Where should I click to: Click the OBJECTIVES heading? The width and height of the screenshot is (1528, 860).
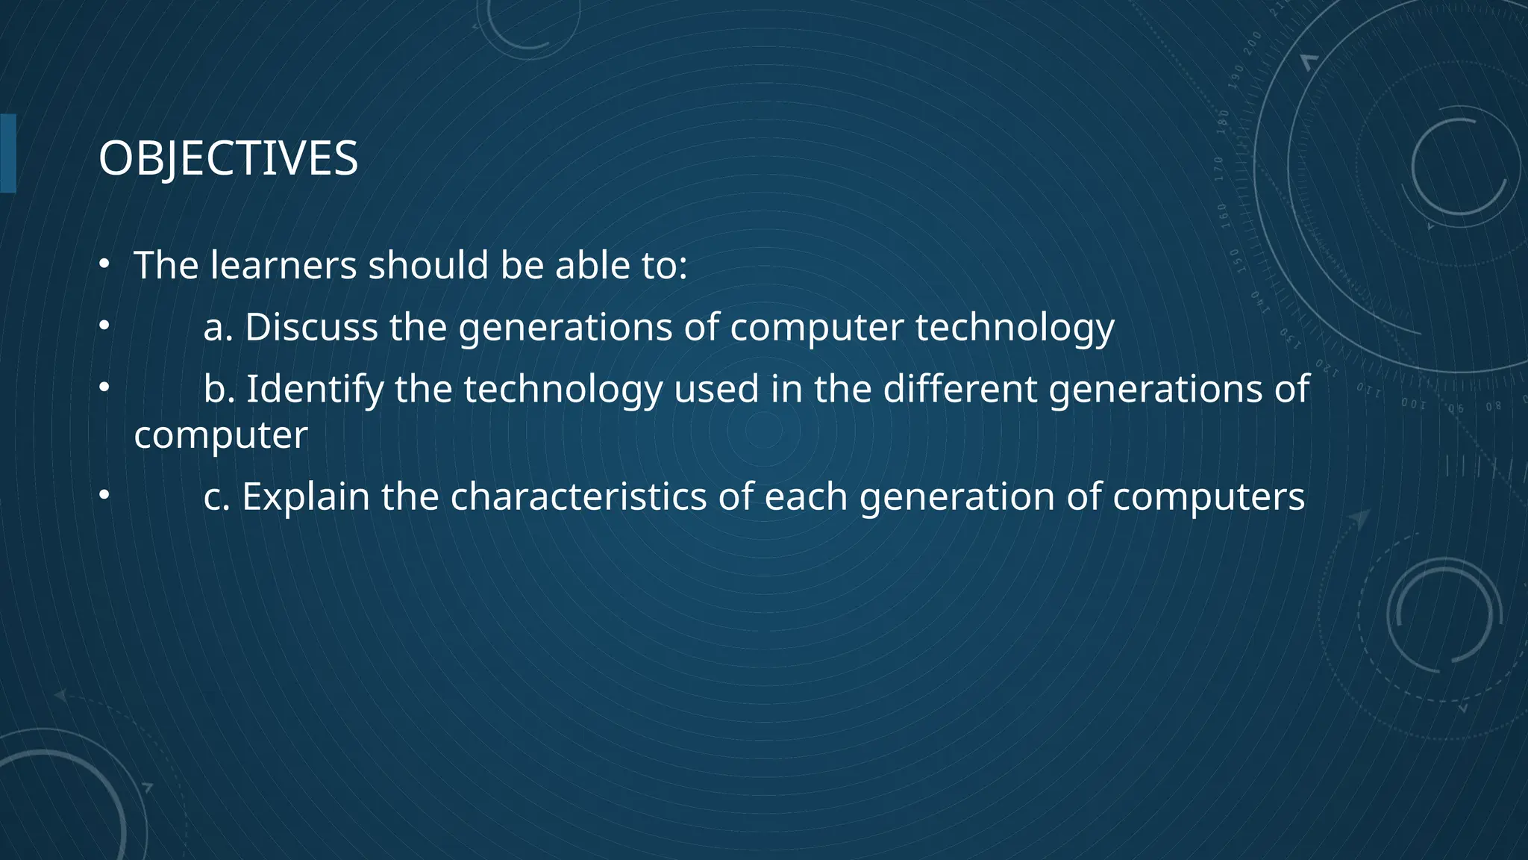click(x=228, y=158)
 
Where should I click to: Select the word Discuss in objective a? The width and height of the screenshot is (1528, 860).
click(x=312, y=327)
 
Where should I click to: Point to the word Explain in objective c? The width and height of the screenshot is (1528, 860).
click(x=306, y=496)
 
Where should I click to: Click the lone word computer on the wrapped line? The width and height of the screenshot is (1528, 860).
click(x=221, y=435)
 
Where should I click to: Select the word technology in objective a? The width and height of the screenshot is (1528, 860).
click(x=1015, y=327)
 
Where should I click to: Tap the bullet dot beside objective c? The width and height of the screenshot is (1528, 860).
click(x=105, y=495)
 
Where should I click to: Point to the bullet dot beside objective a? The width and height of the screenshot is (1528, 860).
click(x=105, y=325)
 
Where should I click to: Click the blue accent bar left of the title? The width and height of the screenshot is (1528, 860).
click(x=7, y=154)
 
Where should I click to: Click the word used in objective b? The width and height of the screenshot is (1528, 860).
click(x=716, y=389)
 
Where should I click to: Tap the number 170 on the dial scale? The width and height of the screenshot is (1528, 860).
click(x=1219, y=169)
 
